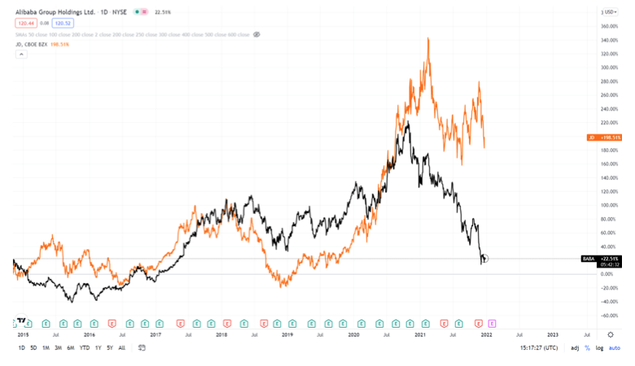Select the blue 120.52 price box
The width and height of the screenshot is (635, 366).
[x=63, y=23]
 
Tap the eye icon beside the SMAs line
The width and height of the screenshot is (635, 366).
[x=256, y=34]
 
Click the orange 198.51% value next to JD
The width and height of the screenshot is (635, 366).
[x=59, y=44]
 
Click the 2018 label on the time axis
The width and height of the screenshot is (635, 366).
[x=221, y=334]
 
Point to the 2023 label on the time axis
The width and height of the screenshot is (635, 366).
[x=553, y=334]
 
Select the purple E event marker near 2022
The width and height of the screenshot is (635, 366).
[x=492, y=323]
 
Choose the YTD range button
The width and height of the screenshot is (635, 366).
[x=84, y=348]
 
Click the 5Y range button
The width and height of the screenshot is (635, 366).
[x=110, y=348]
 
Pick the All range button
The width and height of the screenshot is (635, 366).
[x=122, y=348]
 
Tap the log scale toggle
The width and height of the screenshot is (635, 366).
[x=598, y=348]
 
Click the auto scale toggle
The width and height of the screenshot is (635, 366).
[x=615, y=348]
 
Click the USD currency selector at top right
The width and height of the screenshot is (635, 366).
[x=608, y=12]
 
